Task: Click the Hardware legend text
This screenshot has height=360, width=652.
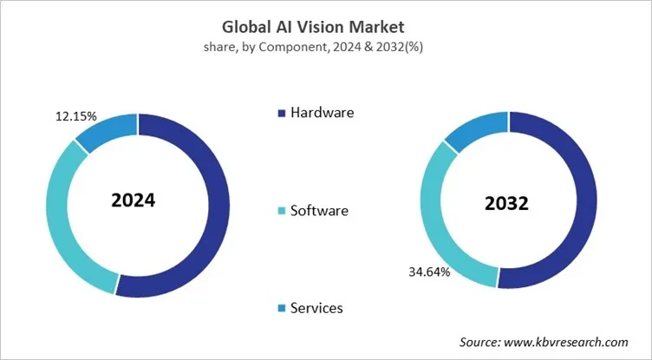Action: point(322,112)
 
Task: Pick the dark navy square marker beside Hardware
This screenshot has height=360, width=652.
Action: point(280,113)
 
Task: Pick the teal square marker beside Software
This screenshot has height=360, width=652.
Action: point(280,211)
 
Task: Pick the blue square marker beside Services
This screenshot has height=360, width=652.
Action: point(280,309)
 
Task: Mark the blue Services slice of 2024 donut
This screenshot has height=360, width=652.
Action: point(112,128)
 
